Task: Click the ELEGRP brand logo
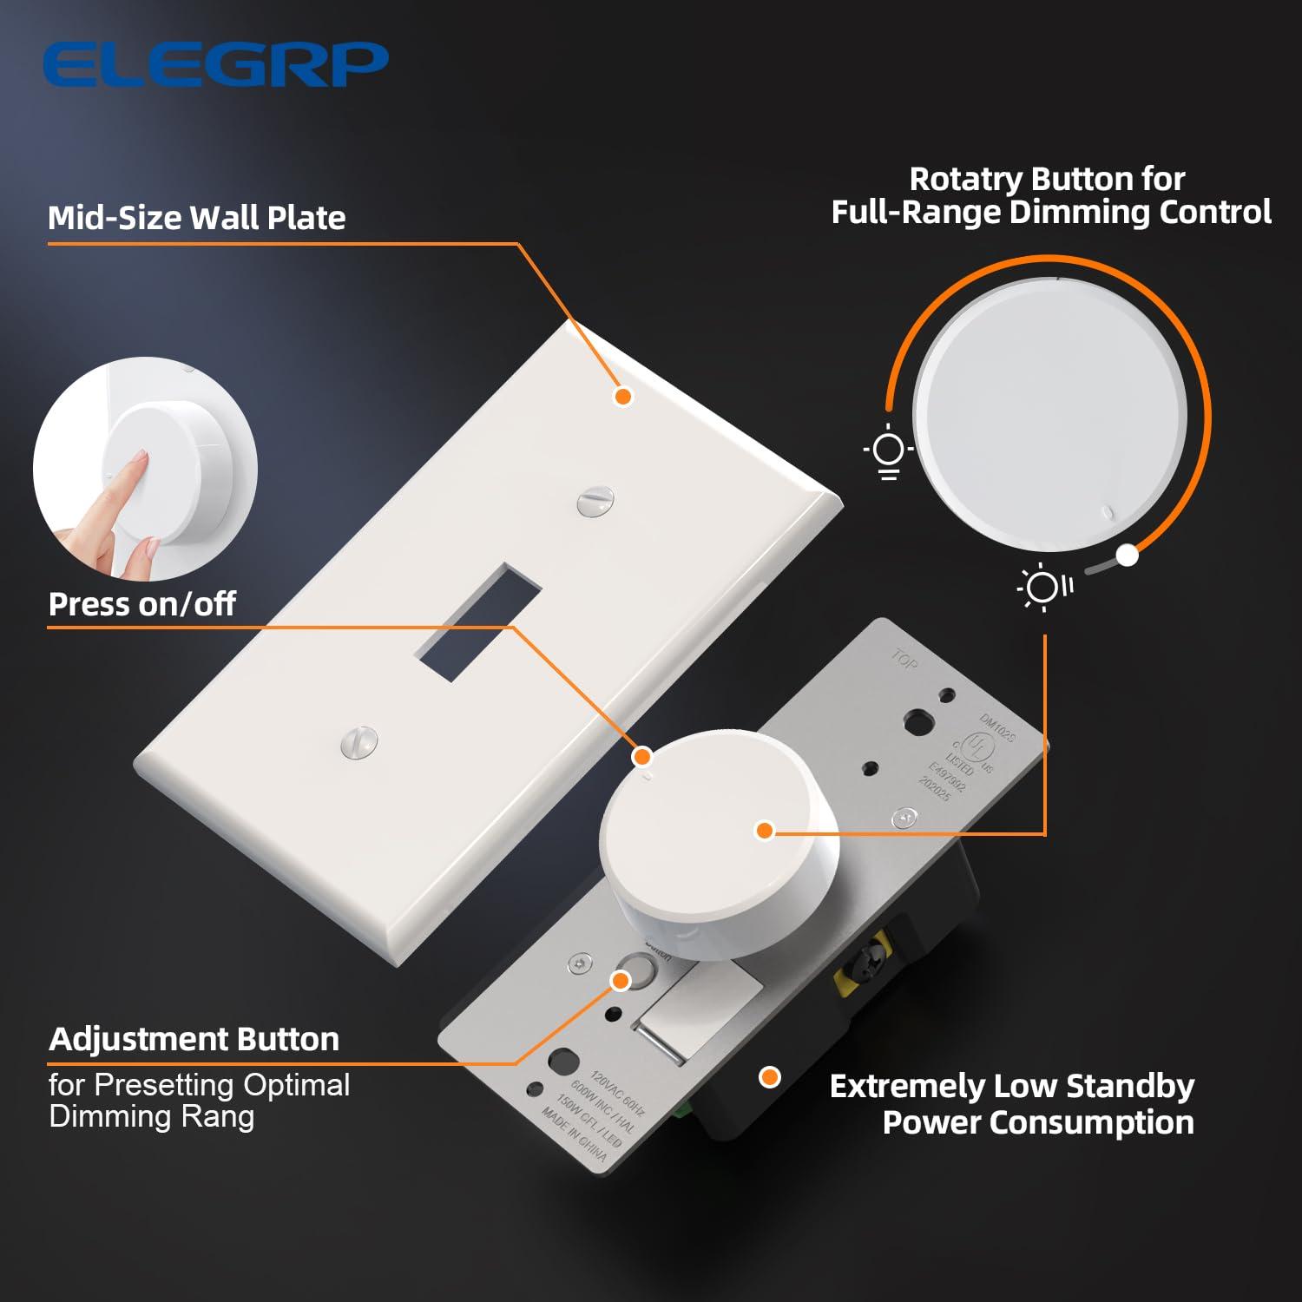214,64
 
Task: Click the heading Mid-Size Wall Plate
197,218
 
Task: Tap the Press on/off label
141,604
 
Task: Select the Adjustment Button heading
194,1039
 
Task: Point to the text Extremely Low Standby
1011,1086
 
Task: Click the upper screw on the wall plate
595,501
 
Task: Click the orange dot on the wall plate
623,397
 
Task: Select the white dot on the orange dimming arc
1127,555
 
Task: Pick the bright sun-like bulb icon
1043,588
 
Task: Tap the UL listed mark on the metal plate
978,748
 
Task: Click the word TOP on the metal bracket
904,661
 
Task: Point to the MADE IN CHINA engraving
574,1134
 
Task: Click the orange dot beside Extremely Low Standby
770,1077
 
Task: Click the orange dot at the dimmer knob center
765,831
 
